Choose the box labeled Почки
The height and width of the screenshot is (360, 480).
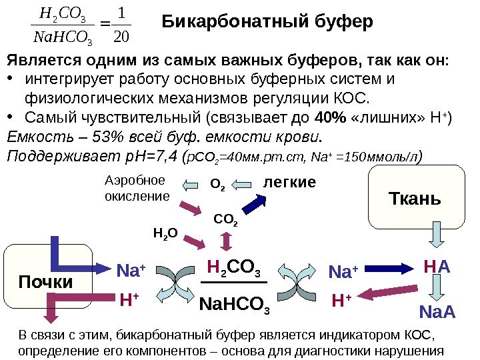pyautogui.click(x=45, y=282)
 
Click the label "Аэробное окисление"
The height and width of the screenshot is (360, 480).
pyautogui.click(x=135, y=188)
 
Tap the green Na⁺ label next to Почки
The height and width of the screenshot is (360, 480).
pyautogui.click(x=131, y=271)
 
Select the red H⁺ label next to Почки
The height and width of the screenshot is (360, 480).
pyautogui.click(x=129, y=301)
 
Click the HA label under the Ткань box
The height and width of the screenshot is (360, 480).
pyautogui.click(x=437, y=267)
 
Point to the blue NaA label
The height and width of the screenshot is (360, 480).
pyautogui.click(x=437, y=312)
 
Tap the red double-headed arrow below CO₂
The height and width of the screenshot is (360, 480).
pyautogui.click(x=227, y=240)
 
